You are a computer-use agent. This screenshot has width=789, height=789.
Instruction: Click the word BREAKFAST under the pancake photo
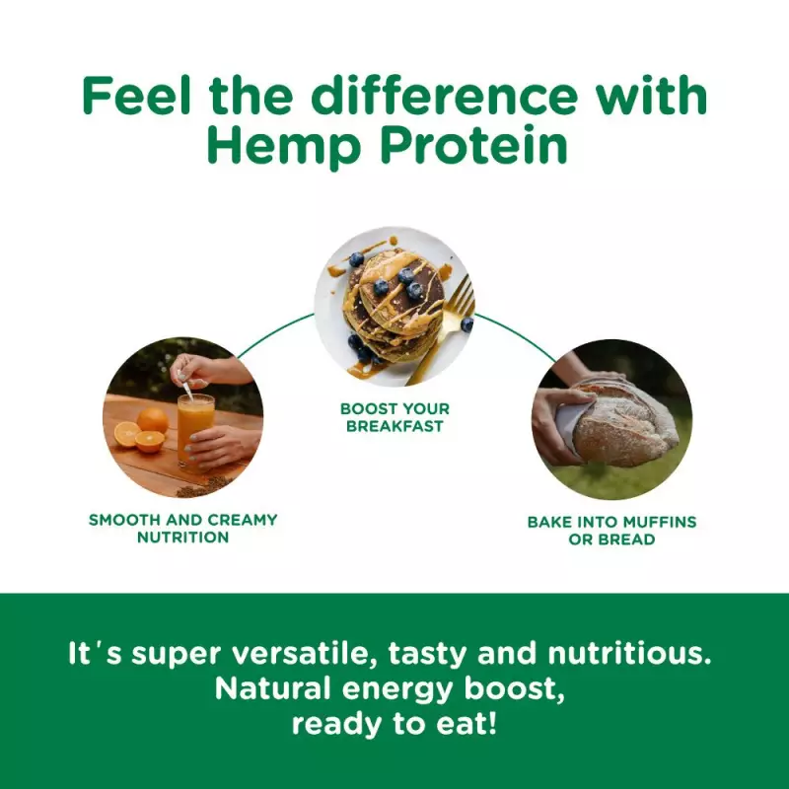click(x=394, y=427)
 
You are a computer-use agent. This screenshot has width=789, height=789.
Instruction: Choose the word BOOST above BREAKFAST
click(x=365, y=408)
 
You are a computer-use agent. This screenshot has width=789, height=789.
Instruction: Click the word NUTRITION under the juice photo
click(x=182, y=538)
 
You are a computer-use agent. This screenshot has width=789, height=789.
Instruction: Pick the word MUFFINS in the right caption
click(x=660, y=522)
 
